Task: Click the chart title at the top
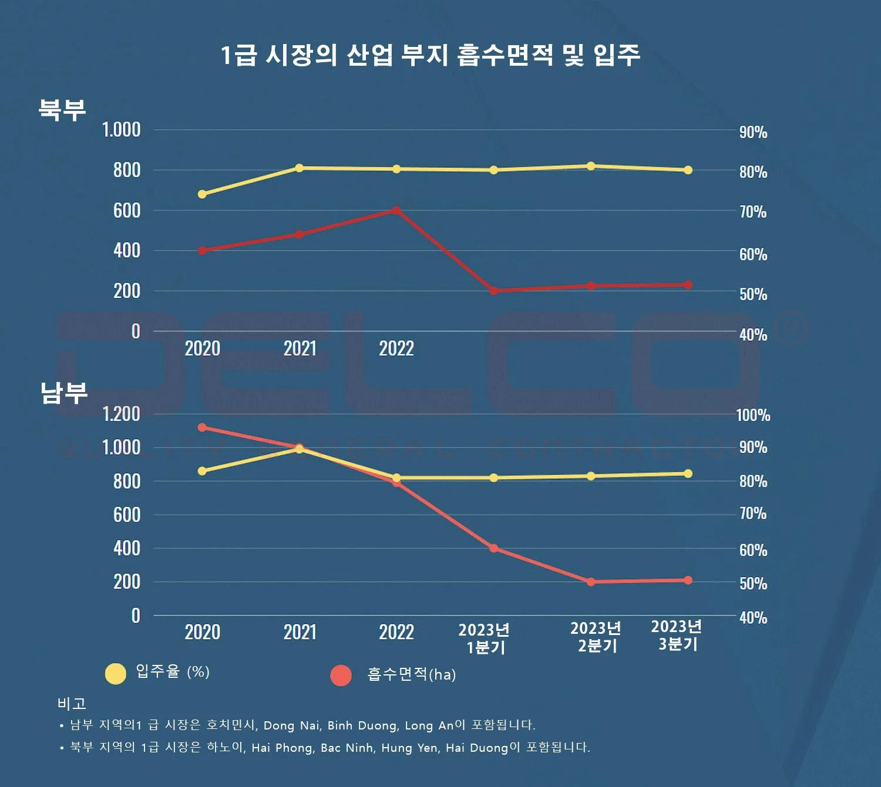tap(430, 55)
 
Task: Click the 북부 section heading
tap(62, 110)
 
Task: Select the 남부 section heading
tap(63, 393)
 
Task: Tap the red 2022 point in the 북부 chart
tap(396, 210)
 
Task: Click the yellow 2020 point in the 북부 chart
tap(202, 194)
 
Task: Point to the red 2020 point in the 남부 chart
tap(202, 427)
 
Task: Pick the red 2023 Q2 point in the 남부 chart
tap(591, 582)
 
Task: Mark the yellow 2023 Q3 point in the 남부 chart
tap(688, 474)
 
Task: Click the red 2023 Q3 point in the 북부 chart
tap(688, 285)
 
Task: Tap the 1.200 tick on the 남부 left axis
tap(121, 414)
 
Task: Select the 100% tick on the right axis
tap(753, 416)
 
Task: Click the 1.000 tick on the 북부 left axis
tap(121, 130)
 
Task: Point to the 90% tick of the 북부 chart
tap(753, 133)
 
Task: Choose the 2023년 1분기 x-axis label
tap(484, 639)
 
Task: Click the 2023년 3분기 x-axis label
tap(677, 636)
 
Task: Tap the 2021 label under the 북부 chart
tap(300, 349)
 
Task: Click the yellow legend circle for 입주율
tap(116, 674)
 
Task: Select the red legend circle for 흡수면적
tap(341, 675)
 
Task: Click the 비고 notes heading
tap(72, 703)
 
